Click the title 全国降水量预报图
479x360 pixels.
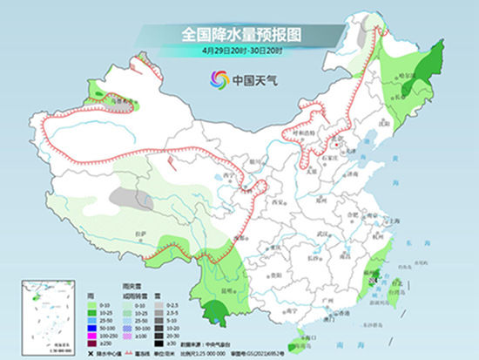tap(239, 35)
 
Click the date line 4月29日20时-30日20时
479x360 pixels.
tap(240, 51)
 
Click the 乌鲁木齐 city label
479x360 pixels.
tap(128, 102)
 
